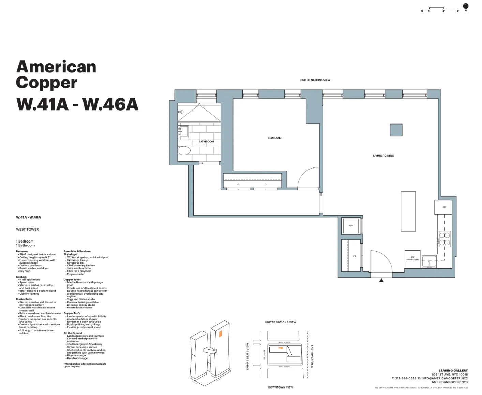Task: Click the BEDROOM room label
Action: coord(274,138)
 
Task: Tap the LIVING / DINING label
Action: coord(383,156)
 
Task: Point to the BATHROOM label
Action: coord(206,142)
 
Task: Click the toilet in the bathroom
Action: coord(184,150)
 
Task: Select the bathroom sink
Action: coord(183,131)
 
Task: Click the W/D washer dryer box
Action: coord(350,226)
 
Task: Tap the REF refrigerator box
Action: coord(444,207)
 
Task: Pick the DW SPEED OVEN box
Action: coord(412,259)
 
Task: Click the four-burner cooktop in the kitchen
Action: coord(444,239)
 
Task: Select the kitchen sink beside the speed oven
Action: coord(429,262)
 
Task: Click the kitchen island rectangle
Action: coord(408,211)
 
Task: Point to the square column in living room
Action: coord(396,130)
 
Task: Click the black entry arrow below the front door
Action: coord(381,280)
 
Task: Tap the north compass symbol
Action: coord(466,6)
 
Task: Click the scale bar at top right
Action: coord(440,9)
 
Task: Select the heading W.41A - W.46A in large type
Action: coord(77,104)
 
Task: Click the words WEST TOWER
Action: coord(27,229)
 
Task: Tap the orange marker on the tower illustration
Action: coord(220,333)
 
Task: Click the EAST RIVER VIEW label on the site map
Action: coord(312,356)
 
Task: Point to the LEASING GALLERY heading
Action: coord(453,370)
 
